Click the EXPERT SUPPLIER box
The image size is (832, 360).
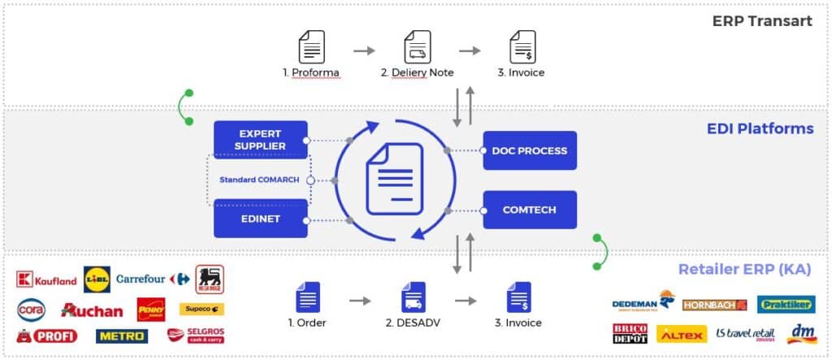pyautogui.click(x=260, y=140)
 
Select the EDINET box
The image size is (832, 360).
pyautogui.click(x=260, y=219)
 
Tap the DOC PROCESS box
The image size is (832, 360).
pyautogui.click(x=529, y=150)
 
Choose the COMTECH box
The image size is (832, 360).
pyautogui.click(x=529, y=210)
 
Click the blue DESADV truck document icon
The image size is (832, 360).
pyautogui.click(x=413, y=298)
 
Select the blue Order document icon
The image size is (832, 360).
pyautogui.click(x=307, y=298)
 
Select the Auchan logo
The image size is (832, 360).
pyautogui.click(x=92, y=310)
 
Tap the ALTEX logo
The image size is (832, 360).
pyautogui.click(x=680, y=334)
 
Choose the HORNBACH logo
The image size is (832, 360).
pyautogui.click(x=714, y=305)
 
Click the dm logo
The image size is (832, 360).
pyautogui.click(x=801, y=334)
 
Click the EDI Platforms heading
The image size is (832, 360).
pyautogui.click(x=760, y=128)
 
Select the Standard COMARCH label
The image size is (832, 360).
pyautogui.click(x=259, y=180)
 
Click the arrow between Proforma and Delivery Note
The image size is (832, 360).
pyautogui.click(x=364, y=50)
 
